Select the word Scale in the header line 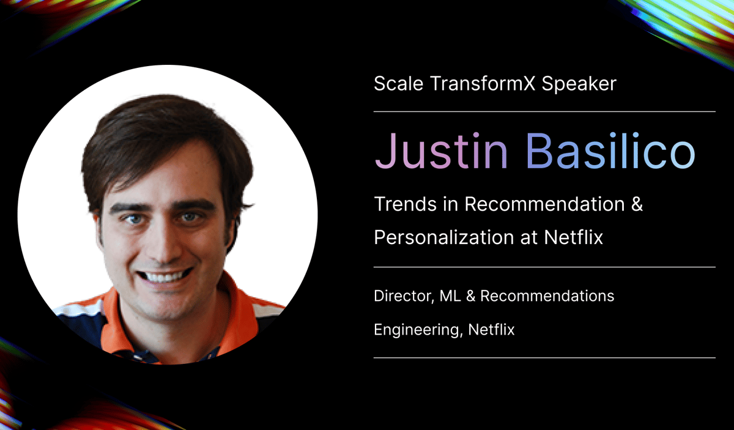click(395, 83)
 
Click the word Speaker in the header click(582, 83)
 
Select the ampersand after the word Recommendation click(636, 204)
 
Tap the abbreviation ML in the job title click(450, 296)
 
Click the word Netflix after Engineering click(491, 330)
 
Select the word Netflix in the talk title click(574, 237)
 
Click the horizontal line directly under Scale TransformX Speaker click(544, 111)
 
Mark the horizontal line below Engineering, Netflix click(544, 358)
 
